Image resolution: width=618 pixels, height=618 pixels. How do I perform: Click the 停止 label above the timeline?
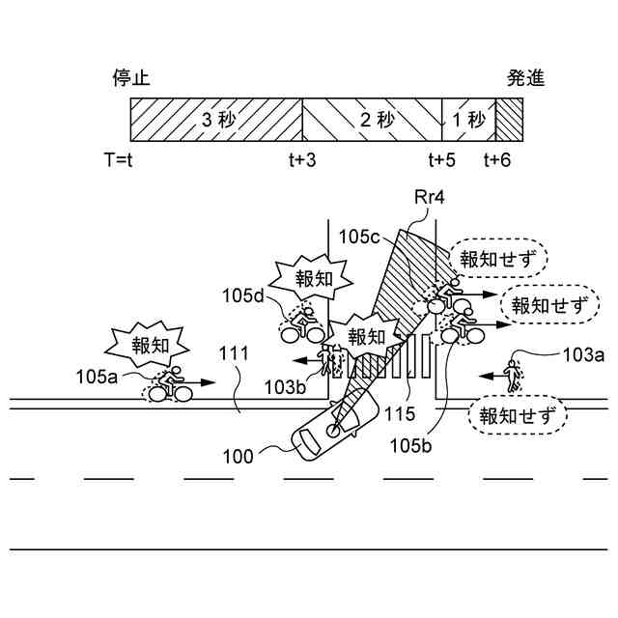pos(131,78)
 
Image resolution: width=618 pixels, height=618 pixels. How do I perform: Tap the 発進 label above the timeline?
pos(526,78)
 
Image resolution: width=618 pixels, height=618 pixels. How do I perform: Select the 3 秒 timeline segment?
pos(216,122)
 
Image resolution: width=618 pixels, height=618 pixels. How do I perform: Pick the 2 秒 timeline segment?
pos(372,122)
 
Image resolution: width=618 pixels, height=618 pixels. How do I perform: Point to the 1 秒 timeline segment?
pos(468,122)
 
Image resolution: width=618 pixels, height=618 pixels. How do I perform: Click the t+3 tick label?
pos(302,159)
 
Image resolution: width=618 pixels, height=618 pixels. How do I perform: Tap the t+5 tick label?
pos(442,159)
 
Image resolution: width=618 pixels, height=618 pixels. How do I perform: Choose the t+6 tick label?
pos(497,159)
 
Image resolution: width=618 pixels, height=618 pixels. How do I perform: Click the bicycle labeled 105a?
pos(170,385)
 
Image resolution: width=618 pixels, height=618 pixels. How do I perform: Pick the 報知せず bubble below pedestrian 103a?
pos(514,416)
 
